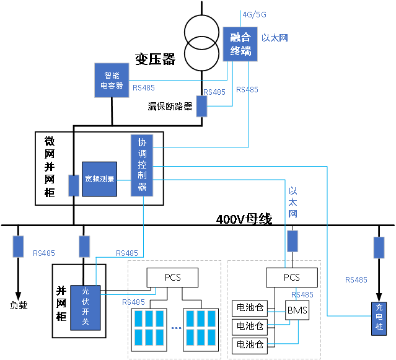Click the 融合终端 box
240,44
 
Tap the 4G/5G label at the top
254,14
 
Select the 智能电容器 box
112,80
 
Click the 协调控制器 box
142,165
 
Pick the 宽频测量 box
99,179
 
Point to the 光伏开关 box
86,307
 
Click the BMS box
297,310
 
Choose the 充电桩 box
379,318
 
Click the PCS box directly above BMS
291,277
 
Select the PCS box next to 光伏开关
172,277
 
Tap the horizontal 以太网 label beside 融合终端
275,38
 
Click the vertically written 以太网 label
293,202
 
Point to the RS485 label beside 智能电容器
144,88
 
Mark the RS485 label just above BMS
302,295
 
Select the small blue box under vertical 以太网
292,240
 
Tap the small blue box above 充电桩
379,248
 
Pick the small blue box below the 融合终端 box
201,106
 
